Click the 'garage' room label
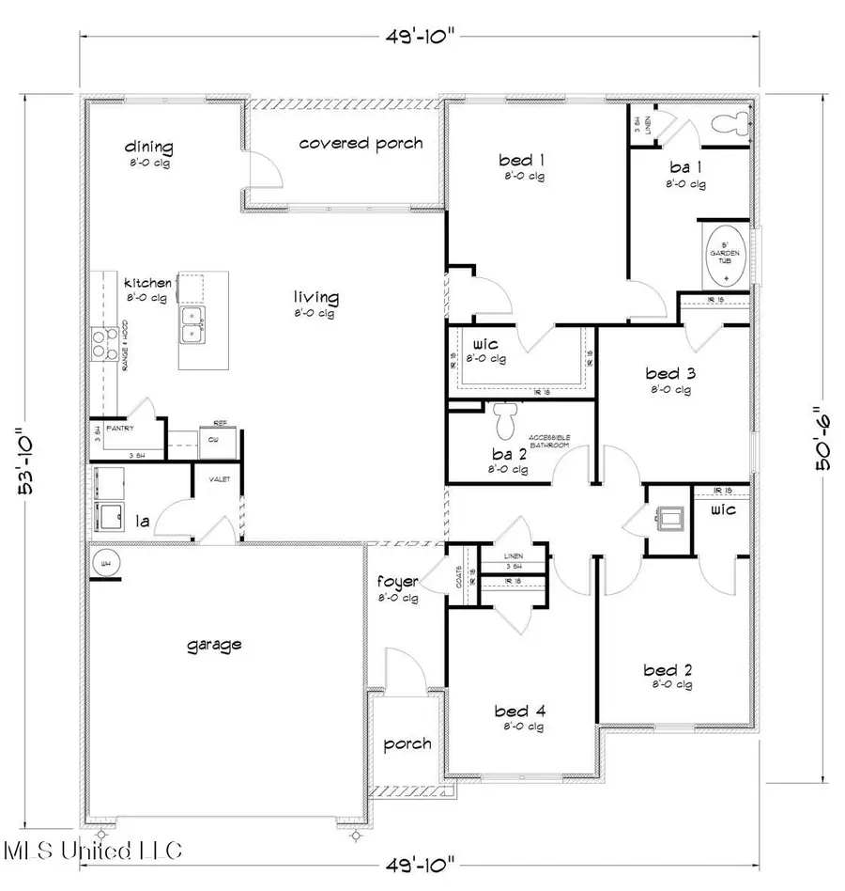click(x=214, y=645)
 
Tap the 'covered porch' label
click(x=361, y=144)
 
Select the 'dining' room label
click(x=149, y=147)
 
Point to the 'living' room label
click(x=315, y=298)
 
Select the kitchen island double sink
click(x=195, y=324)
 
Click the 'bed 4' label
click(x=519, y=711)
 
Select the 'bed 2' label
click(x=668, y=670)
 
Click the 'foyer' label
click(x=399, y=581)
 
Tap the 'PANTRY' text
click(x=119, y=429)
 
